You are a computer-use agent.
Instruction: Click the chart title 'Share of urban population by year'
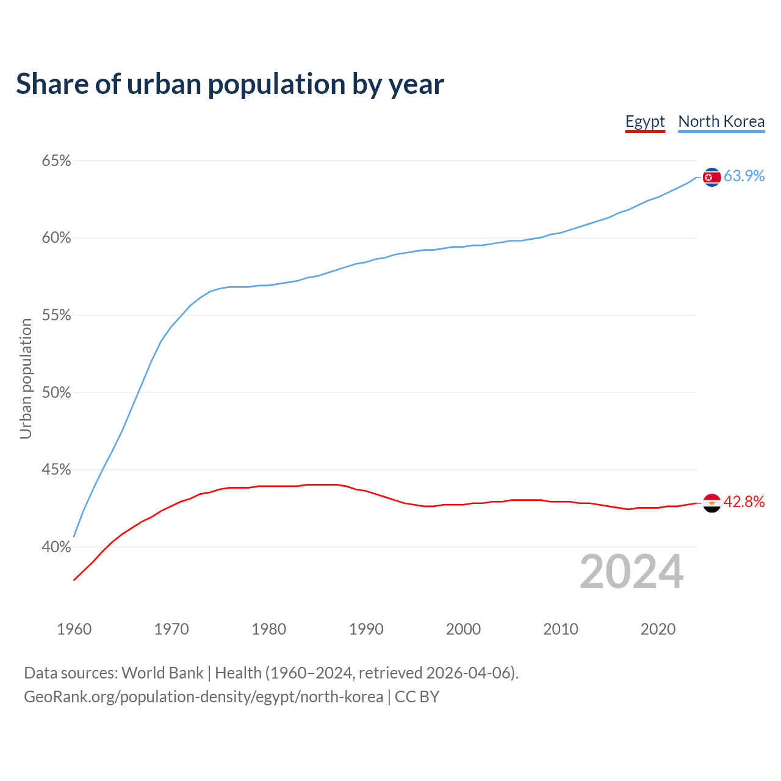coord(230,84)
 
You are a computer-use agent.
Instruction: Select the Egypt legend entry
coord(645,121)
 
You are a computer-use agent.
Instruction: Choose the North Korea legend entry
coord(721,121)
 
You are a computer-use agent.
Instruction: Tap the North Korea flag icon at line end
coord(711,177)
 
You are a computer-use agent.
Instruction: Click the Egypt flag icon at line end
coord(711,503)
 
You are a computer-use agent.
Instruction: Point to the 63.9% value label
coord(744,176)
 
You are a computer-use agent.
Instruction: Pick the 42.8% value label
coord(744,502)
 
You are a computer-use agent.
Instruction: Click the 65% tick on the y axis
coord(56,161)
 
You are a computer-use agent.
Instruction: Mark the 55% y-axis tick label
coord(56,315)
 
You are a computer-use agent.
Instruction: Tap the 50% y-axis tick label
coord(56,393)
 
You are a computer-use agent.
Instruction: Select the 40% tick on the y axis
coord(56,547)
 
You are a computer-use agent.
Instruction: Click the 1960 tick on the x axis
coord(74,629)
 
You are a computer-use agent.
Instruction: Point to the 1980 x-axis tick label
coord(268,629)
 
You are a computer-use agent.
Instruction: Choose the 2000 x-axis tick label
coord(463,629)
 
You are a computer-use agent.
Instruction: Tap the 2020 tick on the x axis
coord(658,629)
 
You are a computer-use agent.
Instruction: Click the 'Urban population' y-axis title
coord(26,378)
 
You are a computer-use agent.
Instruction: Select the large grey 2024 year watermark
coord(632,572)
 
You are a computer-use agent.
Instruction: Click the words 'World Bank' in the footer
coord(162,673)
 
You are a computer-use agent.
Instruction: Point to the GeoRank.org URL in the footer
coord(203,697)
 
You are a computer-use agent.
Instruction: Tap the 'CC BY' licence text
coord(417,697)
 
